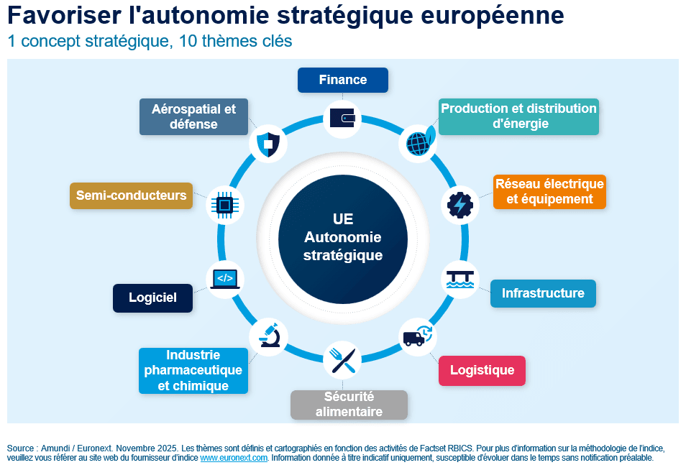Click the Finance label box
click(x=343, y=80)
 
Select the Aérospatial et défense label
click(x=193, y=116)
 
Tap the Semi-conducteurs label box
click(x=131, y=195)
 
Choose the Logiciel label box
click(x=152, y=298)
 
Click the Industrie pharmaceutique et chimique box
click(x=193, y=370)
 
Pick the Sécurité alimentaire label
click(x=349, y=405)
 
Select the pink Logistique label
click(x=482, y=371)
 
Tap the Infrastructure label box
click(x=543, y=293)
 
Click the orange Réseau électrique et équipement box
click(x=549, y=191)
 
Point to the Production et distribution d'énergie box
click(x=518, y=116)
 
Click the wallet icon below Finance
click(x=342, y=118)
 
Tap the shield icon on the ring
click(x=267, y=143)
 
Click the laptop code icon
click(x=225, y=278)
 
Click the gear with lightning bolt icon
click(x=459, y=205)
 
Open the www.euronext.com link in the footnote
click(x=234, y=457)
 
